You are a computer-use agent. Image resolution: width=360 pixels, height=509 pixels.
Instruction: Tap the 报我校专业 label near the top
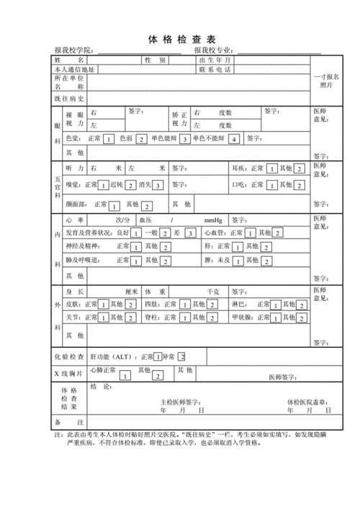(x=215, y=50)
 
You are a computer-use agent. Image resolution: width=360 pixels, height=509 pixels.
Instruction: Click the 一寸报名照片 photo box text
(x=327, y=81)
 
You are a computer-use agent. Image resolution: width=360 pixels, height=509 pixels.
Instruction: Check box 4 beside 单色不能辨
(x=233, y=139)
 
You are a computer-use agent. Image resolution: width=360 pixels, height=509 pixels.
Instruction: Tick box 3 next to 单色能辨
(x=184, y=139)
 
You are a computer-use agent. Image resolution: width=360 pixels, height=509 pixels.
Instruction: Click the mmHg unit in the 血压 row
(x=213, y=219)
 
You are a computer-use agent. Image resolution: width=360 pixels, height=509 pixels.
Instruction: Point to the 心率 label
(x=75, y=219)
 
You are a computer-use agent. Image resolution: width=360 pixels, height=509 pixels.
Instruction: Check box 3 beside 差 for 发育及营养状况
(x=189, y=233)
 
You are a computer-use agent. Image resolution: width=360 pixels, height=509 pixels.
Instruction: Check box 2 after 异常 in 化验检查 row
(x=182, y=356)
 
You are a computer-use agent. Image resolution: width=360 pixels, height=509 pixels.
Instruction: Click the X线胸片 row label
(x=70, y=373)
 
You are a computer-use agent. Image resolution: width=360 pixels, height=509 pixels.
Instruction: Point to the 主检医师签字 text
(x=180, y=402)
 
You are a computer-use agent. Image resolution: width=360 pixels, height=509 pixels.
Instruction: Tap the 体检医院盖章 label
(x=307, y=402)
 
